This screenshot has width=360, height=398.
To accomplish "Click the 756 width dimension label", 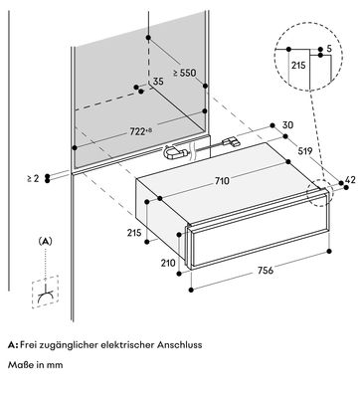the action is pos(266,271).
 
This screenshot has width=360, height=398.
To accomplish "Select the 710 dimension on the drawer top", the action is pos(222,181).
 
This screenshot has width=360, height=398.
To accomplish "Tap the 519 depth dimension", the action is pos(305,151).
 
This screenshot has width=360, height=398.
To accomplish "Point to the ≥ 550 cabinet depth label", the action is pos(185,73).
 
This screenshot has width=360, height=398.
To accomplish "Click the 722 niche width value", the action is pos(137,132).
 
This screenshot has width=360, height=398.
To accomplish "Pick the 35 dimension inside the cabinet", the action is pos(158,82).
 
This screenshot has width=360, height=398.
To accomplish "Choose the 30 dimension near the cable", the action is pos(287,125).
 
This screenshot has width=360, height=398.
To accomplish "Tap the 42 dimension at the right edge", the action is pos(350,180).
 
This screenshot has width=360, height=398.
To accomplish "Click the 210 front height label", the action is pos(168,263).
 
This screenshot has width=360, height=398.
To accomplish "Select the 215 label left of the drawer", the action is pos(134,233).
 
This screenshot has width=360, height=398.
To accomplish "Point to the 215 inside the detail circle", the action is pos(298,66).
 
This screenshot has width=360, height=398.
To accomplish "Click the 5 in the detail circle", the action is pos(329,49).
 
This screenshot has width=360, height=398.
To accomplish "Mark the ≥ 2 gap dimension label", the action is pos(33,178).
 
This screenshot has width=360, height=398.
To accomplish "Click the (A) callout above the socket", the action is pos(45,242).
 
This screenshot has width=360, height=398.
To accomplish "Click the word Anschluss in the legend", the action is pos(179,345).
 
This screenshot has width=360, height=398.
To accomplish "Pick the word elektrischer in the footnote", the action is pos(127,345).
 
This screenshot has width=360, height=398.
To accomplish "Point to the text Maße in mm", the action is pos(35,365).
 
